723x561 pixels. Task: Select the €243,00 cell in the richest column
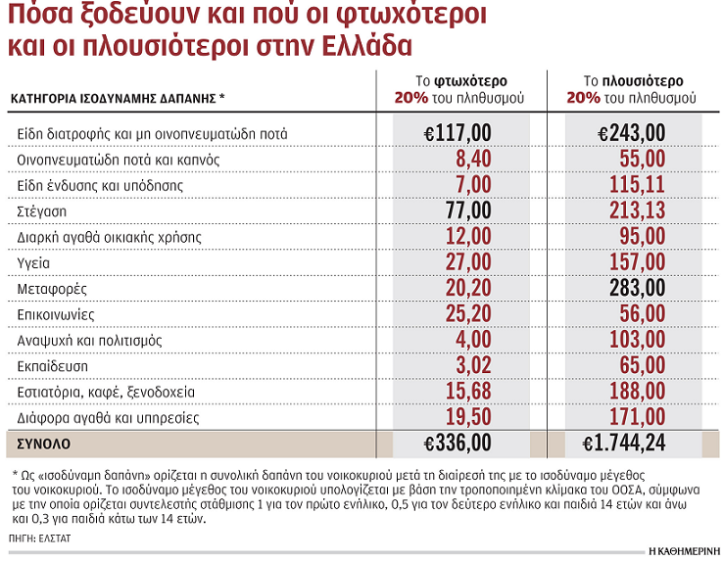pyautogui.click(x=631, y=132)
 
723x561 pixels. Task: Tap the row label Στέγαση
pyautogui.click(x=41, y=210)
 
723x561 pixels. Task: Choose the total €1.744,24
pyautogui.click(x=623, y=444)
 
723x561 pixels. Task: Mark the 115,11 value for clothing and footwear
pyautogui.click(x=637, y=184)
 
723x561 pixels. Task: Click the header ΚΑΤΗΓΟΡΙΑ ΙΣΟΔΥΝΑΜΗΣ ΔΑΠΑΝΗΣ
pyautogui.click(x=116, y=98)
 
